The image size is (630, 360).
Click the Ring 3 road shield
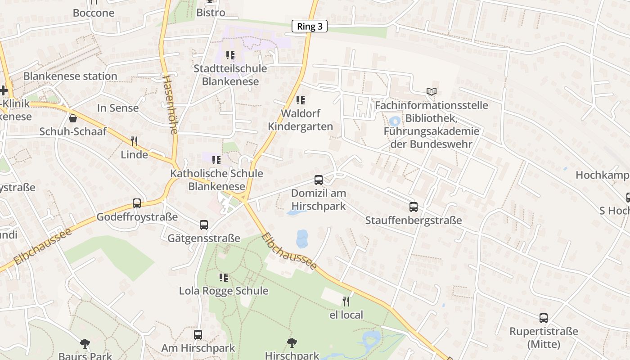click(310, 27)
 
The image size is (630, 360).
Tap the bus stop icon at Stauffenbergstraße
click(414, 207)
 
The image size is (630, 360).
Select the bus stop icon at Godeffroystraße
click(137, 203)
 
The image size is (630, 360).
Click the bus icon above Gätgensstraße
click(204, 225)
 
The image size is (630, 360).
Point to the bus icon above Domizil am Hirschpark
click(319, 180)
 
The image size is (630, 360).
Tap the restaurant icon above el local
click(346, 301)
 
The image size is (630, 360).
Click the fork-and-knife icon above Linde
click(134, 141)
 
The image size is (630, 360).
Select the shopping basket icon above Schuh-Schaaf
click(73, 118)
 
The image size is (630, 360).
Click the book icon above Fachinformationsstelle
click(432, 92)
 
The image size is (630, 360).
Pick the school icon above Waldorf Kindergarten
click(301, 100)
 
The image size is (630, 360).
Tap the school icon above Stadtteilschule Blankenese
click(230, 55)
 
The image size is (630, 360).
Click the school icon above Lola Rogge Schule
click(224, 277)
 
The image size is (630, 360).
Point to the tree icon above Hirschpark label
click(292, 343)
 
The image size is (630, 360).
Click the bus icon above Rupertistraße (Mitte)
click(544, 318)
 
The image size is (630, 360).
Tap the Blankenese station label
click(70, 76)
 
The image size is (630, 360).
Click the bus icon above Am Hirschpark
click(198, 335)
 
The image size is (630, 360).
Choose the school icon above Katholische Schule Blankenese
click(216, 160)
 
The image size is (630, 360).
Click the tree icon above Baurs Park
click(85, 344)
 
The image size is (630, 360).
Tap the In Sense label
click(118, 108)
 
